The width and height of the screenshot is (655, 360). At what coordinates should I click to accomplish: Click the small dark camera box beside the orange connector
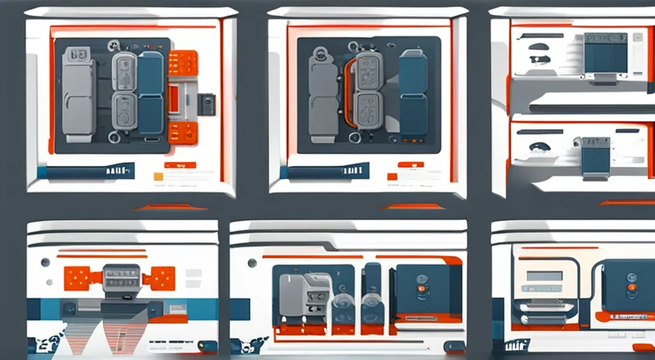[x=207, y=104]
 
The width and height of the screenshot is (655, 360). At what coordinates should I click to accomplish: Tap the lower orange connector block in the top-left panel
[x=183, y=132]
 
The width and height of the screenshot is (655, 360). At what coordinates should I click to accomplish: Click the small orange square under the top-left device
[x=156, y=174]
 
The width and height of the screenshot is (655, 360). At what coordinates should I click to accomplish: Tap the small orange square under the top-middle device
[x=391, y=175]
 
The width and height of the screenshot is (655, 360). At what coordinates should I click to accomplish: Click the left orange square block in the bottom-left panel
[x=79, y=277]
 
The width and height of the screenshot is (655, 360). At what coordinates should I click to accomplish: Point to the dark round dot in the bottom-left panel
[x=45, y=263]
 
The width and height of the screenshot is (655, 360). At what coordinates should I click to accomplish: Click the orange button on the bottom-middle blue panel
[x=422, y=288]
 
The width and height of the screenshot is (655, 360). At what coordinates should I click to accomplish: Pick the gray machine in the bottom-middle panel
[x=298, y=295]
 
